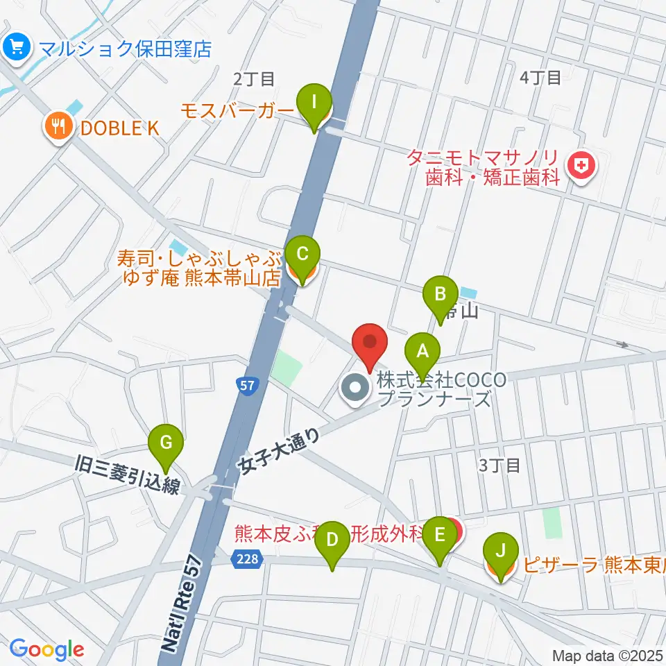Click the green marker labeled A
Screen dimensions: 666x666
coord(422,352)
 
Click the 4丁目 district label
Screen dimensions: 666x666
coord(540,77)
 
